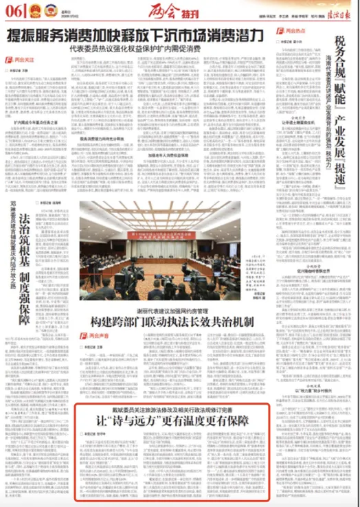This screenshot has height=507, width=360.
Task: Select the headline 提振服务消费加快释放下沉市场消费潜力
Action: [x=135, y=36]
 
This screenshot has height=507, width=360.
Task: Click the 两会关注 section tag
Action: [x=21, y=60]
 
